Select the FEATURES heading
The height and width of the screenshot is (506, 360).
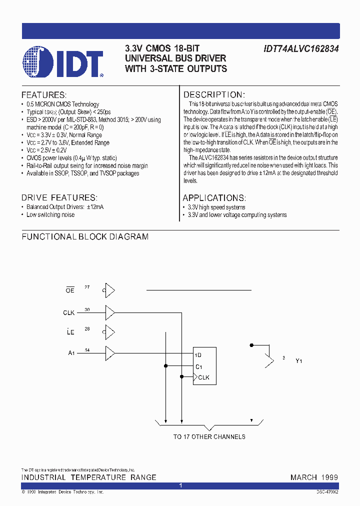pyautogui.click(x=44, y=95)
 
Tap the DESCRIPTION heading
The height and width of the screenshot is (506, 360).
pyautogui.click(x=214, y=95)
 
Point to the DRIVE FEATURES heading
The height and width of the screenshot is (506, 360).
pyautogui.click(x=59, y=197)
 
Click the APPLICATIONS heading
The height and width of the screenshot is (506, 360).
pyautogui.click(x=214, y=197)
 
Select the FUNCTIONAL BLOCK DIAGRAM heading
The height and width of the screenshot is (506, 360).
pyautogui.click(x=85, y=236)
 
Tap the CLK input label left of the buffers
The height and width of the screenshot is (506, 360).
pyautogui.click(x=69, y=312)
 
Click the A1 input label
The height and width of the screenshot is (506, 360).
pyautogui.click(x=71, y=353)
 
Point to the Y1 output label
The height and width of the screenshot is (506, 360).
pyautogui.click(x=298, y=360)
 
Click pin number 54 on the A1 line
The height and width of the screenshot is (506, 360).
pyautogui.click(x=87, y=350)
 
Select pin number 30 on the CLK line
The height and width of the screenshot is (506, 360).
pyautogui.click(x=87, y=309)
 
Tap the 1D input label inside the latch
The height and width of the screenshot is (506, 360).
pyautogui.click(x=198, y=355)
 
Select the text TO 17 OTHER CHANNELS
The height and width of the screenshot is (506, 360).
pyautogui.click(x=209, y=436)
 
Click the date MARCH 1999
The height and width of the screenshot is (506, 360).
pyautogui.click(x=314, y=477)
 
